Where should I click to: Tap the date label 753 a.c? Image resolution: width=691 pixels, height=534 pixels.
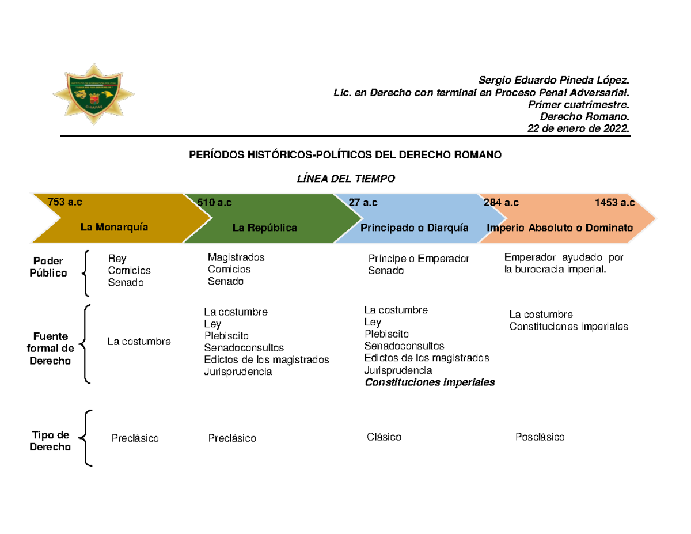click(x=65, y=202)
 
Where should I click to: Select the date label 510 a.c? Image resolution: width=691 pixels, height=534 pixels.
click(x=215, y=203)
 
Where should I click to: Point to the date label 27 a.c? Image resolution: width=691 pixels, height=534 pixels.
click(x=363, y=203)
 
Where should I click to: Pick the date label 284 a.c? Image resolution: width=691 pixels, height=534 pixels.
click(x=501, y=203)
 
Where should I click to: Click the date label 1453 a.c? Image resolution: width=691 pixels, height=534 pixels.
click(x=614, y=203)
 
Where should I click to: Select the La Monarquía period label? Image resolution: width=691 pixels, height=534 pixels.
click(x=114, y=227)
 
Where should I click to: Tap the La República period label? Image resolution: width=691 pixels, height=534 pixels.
click(x=264, y=228)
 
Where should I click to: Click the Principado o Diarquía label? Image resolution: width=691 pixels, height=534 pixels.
click(x=414, y=228)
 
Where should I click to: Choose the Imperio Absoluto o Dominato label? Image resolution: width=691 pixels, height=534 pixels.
click(x=560, y=228)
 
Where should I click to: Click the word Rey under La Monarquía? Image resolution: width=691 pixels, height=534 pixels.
click(x=117, y=259)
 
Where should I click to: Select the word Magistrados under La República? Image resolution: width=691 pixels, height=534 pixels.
click(x=236, y=257)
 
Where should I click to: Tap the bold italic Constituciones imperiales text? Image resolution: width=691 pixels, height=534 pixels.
click(x=430, y=382)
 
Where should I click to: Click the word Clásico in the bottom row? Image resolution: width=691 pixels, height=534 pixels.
click(x=384, y=437)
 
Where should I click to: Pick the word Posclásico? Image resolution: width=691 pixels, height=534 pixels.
click(x=540, y=437)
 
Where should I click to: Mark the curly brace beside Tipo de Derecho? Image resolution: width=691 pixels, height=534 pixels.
click(x=86, y=438)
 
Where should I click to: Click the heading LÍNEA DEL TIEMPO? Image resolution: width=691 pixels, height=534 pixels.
click(x=345, y=179)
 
